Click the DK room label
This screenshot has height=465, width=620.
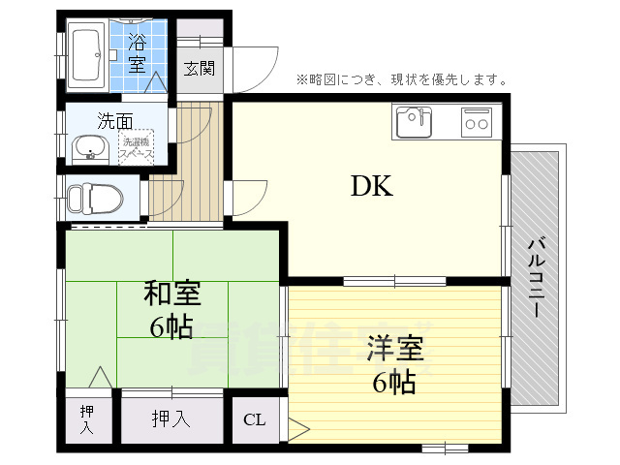tap(371, 186)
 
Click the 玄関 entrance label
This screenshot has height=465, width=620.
tap(201, 69)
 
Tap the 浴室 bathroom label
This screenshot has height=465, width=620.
tap(139, 54)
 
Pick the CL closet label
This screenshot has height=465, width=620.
tap(254, 419)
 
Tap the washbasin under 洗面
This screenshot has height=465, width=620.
tap(91, 148)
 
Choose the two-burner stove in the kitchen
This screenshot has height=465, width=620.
tap(476, 122)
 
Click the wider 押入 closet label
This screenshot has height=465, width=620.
tap(170, 419)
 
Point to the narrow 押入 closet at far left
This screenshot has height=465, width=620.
tap(87, 419)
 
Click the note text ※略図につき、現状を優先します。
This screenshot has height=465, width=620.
tap(401, 78)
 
